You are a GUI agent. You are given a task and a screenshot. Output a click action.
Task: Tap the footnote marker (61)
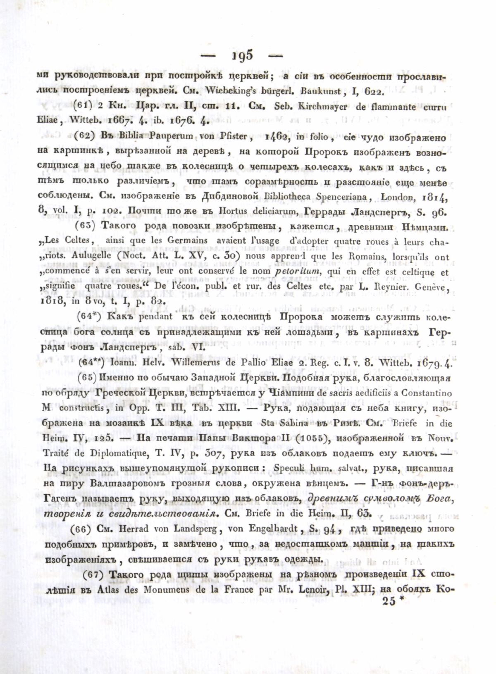(x=87, y=105)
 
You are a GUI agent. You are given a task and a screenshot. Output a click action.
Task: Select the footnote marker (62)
(x=87, y=137)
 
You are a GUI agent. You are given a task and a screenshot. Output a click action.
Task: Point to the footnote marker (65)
(x=87, y=378)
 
